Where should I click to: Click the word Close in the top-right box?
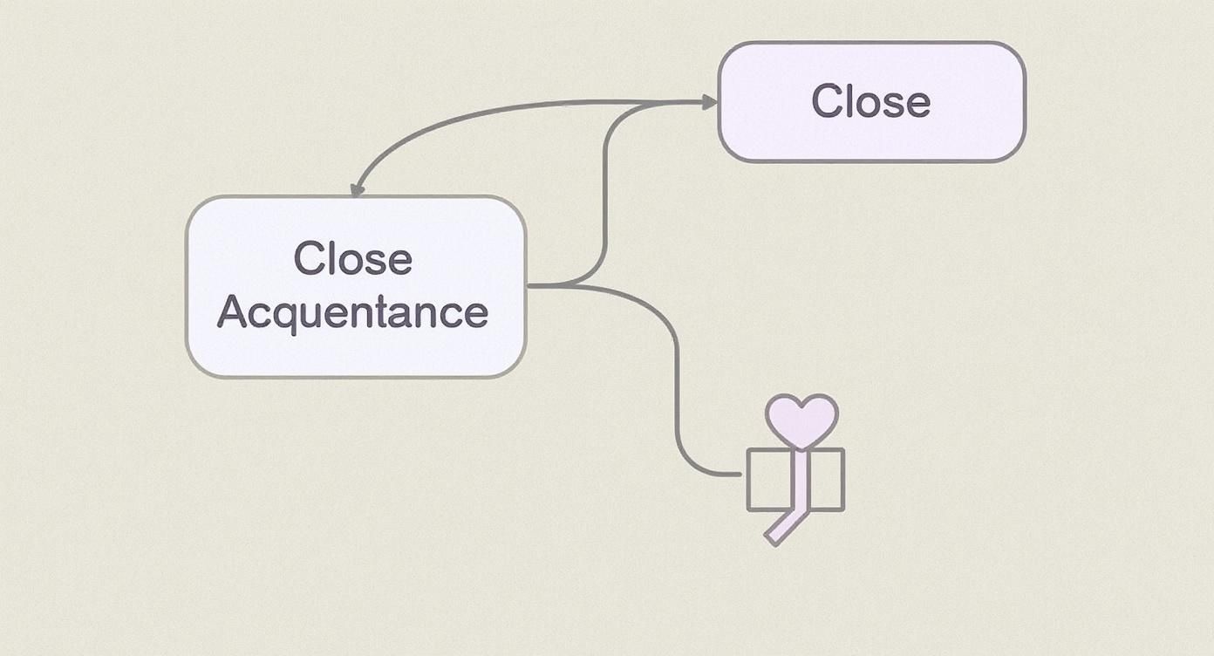coord(870,101)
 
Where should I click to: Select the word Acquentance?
coord(352,312)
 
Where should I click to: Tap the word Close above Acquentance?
coord(352,258)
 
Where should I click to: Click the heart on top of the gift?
coord(801,418)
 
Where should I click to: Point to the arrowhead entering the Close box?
coord(710,103)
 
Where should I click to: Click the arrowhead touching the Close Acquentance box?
coord(357,190)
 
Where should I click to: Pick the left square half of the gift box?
coord(769,480)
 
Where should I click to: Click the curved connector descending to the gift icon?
coord(676,375)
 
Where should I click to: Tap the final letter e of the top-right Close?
coord(917,105)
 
